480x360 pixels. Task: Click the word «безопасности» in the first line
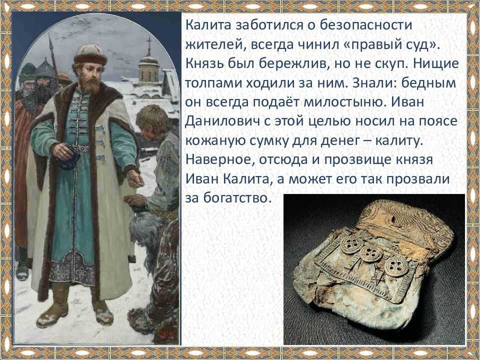point(366,25)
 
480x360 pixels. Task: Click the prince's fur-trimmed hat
point(90,54)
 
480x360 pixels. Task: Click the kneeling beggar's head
point(152,121)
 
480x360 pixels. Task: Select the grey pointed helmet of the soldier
point(46,68)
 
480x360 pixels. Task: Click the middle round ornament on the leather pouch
point(370,253)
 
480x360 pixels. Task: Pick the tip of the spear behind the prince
point(50,34)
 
